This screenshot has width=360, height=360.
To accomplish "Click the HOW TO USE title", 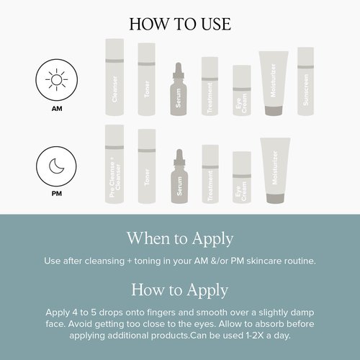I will [x=180, y=23].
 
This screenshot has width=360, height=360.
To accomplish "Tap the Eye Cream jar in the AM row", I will [x=240, y=90].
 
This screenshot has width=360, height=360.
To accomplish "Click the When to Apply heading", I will [x=180, y=238].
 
